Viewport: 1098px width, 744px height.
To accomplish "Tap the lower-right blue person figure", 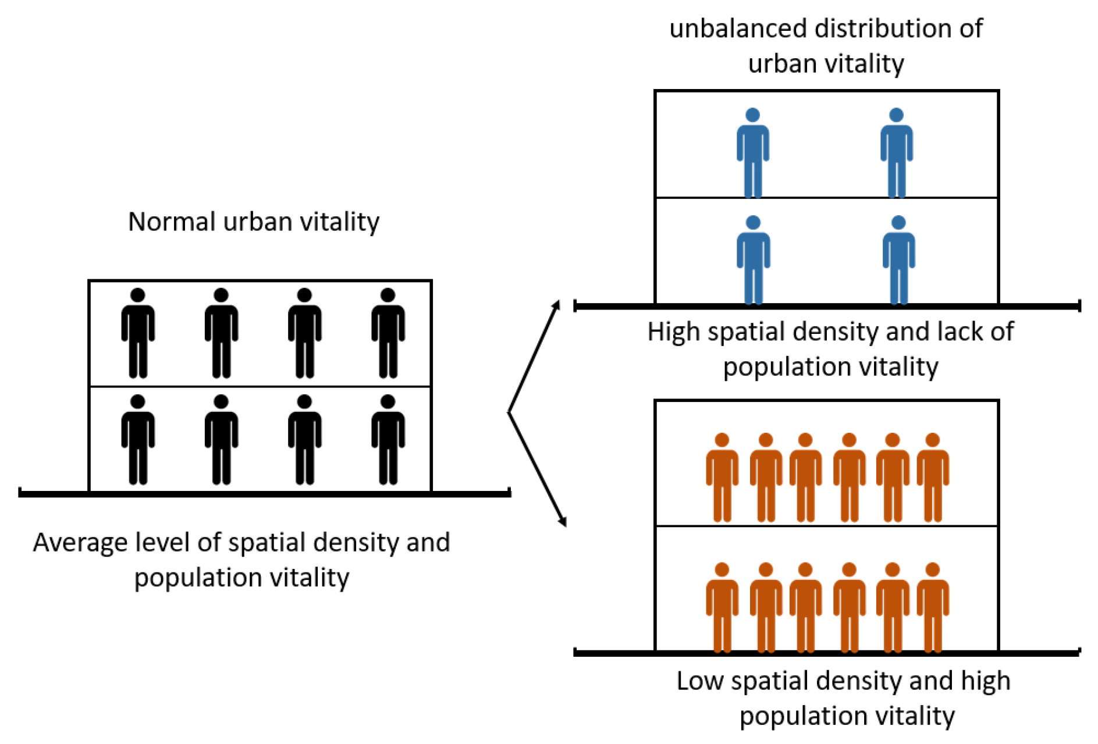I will (x=898, y=260).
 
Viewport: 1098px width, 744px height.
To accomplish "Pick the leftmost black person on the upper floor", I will (x=138, y=333).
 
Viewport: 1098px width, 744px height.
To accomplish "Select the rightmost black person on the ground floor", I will (x=388, y=440).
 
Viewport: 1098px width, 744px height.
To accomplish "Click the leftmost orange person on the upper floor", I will (x=722, y=478).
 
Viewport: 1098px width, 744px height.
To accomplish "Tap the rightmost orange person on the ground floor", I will (x=932, y=607).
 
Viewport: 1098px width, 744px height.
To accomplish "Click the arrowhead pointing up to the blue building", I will (x=556, y=306).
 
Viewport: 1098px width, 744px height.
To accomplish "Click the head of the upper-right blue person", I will (x=896, y=115).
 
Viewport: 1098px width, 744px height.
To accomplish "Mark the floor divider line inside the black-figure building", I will (x=260, y=386).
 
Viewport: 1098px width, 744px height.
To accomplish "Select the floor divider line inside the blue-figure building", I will (x=826, y=198).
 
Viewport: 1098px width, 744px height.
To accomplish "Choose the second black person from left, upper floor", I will (x=221, y=333).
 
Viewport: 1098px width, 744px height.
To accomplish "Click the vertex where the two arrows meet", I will (x=509, y=412).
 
